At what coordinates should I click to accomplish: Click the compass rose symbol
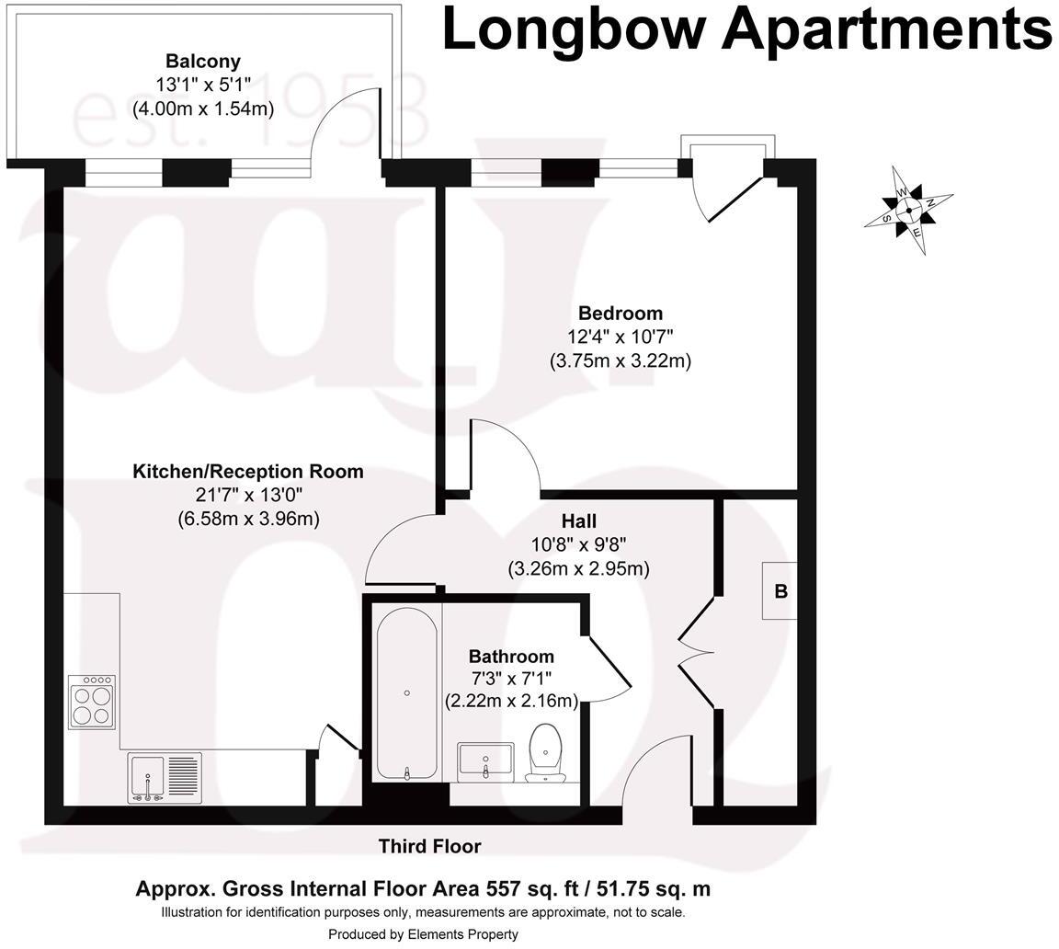point(908,210)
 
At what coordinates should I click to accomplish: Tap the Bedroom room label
point(620,313)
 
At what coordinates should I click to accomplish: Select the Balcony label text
point(202,62)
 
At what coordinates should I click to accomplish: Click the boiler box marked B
point(780,590)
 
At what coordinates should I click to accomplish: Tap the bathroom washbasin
point(485,761)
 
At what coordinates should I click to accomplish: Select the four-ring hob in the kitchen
point(92,702)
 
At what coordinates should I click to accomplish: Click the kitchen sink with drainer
point(165,777)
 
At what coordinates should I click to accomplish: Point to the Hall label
point(579,521)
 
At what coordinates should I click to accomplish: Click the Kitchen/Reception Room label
point(248,472)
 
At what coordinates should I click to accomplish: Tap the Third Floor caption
point(429,846)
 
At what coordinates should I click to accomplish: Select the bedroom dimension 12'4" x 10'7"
point(620,337)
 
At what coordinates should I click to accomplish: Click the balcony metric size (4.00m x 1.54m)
point(202,109)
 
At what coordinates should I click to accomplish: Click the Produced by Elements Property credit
point(423,934)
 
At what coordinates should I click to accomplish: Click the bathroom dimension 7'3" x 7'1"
point(511,679)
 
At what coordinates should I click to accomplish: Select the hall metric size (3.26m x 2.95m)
point(579,568)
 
